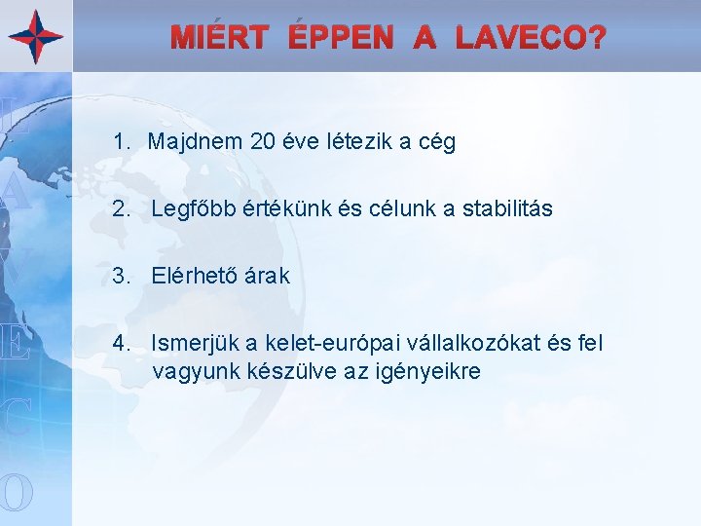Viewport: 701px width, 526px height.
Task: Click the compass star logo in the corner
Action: click(36, 36)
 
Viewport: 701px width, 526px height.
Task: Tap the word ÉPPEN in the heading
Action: click(341, 39)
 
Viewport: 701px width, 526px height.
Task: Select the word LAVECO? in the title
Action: click(530, 39)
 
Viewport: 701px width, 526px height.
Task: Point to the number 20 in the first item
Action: click(262, 142)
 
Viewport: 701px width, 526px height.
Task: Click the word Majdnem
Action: click(195, 142)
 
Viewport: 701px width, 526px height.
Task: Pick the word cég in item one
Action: click(435, 143)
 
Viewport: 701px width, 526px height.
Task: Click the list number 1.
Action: click(120, 142)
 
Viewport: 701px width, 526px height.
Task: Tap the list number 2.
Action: click(120, 208)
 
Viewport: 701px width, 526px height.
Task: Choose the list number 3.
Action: click(120, 276)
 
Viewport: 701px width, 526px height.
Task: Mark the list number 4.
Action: click(120, 343)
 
